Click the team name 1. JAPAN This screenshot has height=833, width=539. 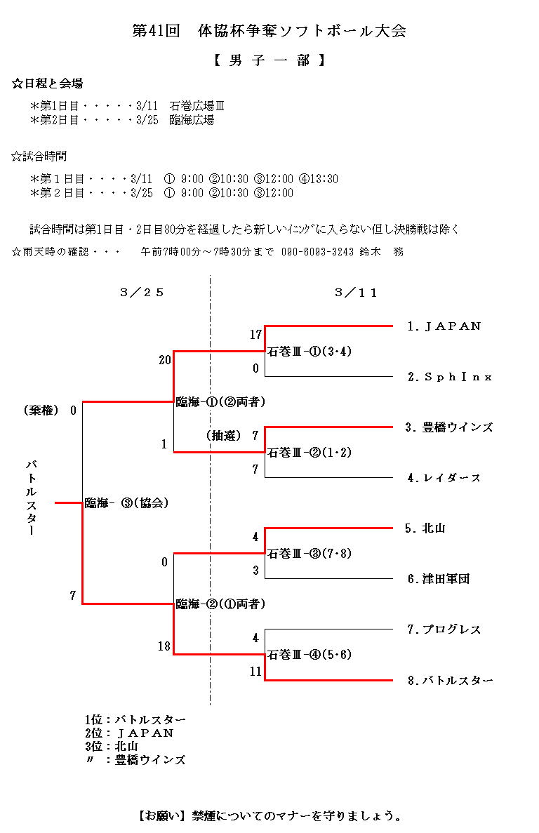pyautogui.click(x=444, y=326)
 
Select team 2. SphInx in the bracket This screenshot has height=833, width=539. pyautogui.click(x=449, y=377)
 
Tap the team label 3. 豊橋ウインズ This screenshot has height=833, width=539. pyautogui.click(x=448, y=427)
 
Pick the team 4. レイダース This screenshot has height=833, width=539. pyautogui.click(x=444, y=478)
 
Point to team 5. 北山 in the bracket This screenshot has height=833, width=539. pyautogui.click(x=425, y=528)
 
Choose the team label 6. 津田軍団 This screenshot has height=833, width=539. pyautogui.click(x=437, y=579)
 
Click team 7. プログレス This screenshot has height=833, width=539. pyautogui.click(x=444, y=629)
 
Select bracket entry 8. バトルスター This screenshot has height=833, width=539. pyautogui.click(x=449, y=680)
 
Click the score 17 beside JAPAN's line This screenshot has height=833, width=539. pyautogui.click(x=255, y=335)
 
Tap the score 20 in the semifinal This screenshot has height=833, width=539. pyautogui.click(x=165, y=360)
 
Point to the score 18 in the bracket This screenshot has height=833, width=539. pyautogui.click(x=164, y=646)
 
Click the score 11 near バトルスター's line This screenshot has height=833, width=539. pyautogui.click(x=255, y=672)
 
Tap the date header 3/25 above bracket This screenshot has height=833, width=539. pyautogui.click(x=142, y=293)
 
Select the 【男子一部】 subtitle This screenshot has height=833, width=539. pyautogui.click(x=269, y=60)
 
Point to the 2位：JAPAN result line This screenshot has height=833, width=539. pyautogui.click(x=128, y=733)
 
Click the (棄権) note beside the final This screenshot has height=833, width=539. pyautogui.click(x=41, y=411)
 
